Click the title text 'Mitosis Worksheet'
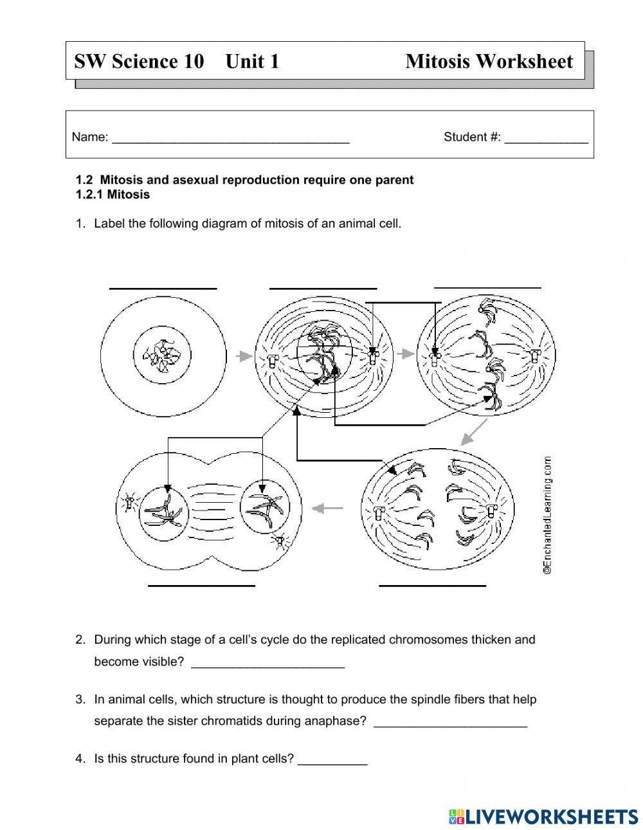(x=489, y=62)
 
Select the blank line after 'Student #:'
(x=546, y=140)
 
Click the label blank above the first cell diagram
(x=163, y=287)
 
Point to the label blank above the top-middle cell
(x=323, y=287)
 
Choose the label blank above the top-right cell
(x=487, y=285)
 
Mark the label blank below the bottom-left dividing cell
(x=201, y=584)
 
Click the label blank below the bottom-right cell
(x=432, y=584)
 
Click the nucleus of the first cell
(x=163, y=355)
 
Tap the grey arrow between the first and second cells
(x=243, y=355)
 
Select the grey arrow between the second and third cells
(x=405, y=353)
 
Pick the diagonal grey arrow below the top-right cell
(x=473, y=435)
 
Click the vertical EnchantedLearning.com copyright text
(x=547, y=515)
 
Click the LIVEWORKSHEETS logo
(x=543, y=816)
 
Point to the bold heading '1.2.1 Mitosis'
(x=113, y=194)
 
